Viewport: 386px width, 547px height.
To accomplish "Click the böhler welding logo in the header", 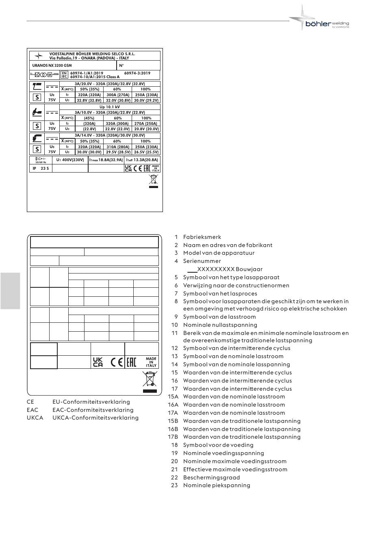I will point(321,20).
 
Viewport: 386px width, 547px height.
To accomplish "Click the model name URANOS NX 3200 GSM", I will point(52,65).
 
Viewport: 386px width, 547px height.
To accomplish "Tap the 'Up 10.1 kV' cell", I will point(110,107).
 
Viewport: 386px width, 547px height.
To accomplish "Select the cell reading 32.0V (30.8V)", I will point(117,100).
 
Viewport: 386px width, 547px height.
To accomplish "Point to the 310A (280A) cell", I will point(117,147).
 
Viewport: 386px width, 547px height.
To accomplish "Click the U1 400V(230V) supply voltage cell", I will point(70,160).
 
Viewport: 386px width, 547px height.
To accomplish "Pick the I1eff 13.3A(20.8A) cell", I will point(142,160).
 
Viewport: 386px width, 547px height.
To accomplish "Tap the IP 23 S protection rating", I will point(41,168).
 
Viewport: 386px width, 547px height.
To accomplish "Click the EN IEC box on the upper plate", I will point(64,75).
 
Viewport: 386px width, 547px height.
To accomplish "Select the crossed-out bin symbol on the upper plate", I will point(153,180).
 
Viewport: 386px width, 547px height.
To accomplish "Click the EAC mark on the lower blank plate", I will point(131,362).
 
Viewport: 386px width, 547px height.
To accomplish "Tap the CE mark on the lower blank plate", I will point(117,362).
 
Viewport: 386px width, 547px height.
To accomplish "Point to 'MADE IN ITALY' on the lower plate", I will point(151,362).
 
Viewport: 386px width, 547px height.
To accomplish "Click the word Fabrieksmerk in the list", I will point(202,237).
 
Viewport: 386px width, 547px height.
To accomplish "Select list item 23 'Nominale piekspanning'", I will point(217,485).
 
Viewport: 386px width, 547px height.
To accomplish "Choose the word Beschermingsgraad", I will point(211,477).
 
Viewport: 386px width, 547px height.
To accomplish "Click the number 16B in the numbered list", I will point(173,429).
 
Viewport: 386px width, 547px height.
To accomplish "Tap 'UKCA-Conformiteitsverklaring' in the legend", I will point(95,418).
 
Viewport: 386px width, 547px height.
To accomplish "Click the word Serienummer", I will point(202,261).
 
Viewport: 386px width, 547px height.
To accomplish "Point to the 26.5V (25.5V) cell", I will point(146,152).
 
